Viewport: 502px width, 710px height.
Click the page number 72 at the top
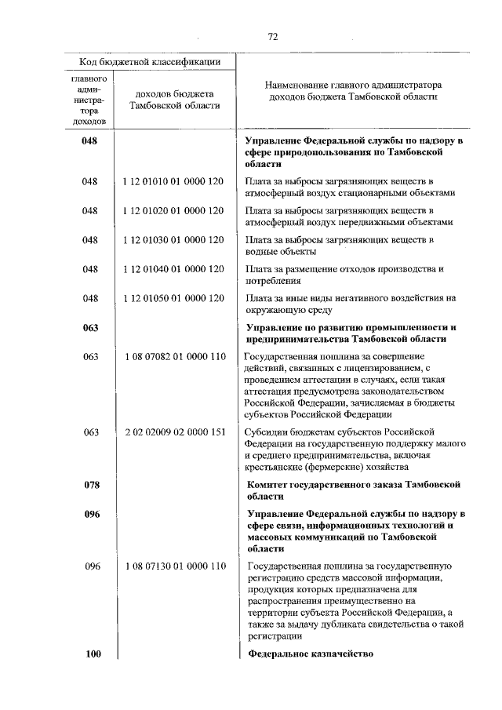pyautogui.click(x=273, y=36)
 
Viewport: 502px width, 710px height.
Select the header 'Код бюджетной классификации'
pyautogui.click(x=149, y=61)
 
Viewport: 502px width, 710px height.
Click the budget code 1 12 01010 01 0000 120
pyautogui.click(x=173, y=181)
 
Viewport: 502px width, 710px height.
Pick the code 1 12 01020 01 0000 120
pyautogui.click(x=173, y=210)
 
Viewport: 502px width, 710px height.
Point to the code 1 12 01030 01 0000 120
pyautogui.click(x=173, y=239)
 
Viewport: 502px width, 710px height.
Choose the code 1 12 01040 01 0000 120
pyautogui.click(x=173, y=269)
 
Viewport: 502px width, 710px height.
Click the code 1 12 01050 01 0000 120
pyautogui.click(x=173, y=298)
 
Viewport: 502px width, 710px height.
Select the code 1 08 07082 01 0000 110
pyautogui.click(x=173, y=357)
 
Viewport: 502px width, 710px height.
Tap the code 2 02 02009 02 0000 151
pyautogui.click(x=173, y=432)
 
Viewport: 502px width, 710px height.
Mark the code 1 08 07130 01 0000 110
pyautogui.click(x=173, y=566)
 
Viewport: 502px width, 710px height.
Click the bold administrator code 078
pyautogui.click(x=91, y=485)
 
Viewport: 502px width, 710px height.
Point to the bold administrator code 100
pyautogui.click(x=91, y=654)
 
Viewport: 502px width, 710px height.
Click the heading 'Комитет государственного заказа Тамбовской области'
pyautogui.click(x=352, y=490)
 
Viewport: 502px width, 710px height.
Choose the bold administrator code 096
pyautogui.click(x=91, y=514)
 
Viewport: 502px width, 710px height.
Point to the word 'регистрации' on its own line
pyautogui.click(x=274, y=637)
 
